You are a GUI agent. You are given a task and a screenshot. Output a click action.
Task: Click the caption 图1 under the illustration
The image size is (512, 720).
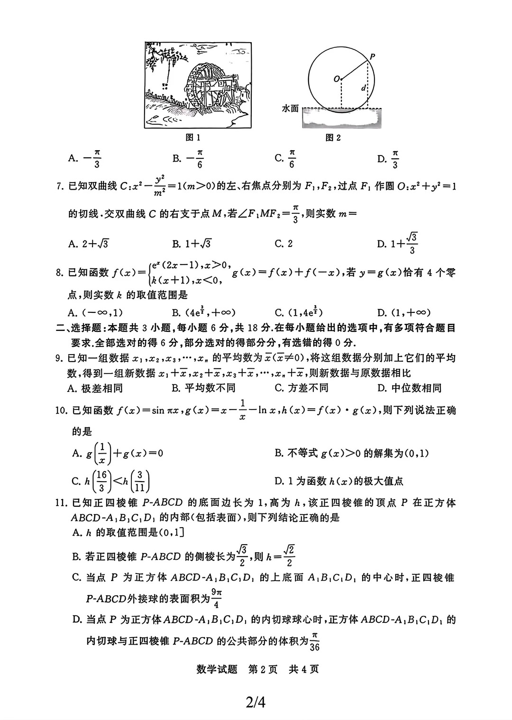click(192, 137)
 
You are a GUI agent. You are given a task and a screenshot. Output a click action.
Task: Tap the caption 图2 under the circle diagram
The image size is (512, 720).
click(333, 137)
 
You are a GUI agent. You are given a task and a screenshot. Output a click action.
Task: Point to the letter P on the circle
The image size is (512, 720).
click(372, 56)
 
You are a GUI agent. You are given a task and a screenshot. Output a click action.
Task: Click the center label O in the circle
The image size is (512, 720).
click(337, 79)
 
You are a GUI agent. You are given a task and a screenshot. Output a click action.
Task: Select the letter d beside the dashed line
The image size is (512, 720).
click(363, 88)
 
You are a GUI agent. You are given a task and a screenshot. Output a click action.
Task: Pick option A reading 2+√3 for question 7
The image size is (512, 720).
click(89, 244)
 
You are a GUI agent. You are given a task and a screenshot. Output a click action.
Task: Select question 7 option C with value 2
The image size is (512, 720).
click(284, 244)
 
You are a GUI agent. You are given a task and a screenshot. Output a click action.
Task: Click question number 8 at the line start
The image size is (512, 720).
click(60, 273)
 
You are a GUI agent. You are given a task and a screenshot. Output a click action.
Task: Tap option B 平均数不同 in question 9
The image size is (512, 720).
click(204, 388)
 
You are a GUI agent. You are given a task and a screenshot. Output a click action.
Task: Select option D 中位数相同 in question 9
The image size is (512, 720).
click(410, 388)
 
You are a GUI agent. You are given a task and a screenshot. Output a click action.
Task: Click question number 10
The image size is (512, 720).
click(62, 410)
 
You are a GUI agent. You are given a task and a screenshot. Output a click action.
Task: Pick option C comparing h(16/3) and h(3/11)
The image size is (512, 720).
click(111, 481)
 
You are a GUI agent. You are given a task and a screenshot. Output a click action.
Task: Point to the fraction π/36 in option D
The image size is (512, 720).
click(314, 641)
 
